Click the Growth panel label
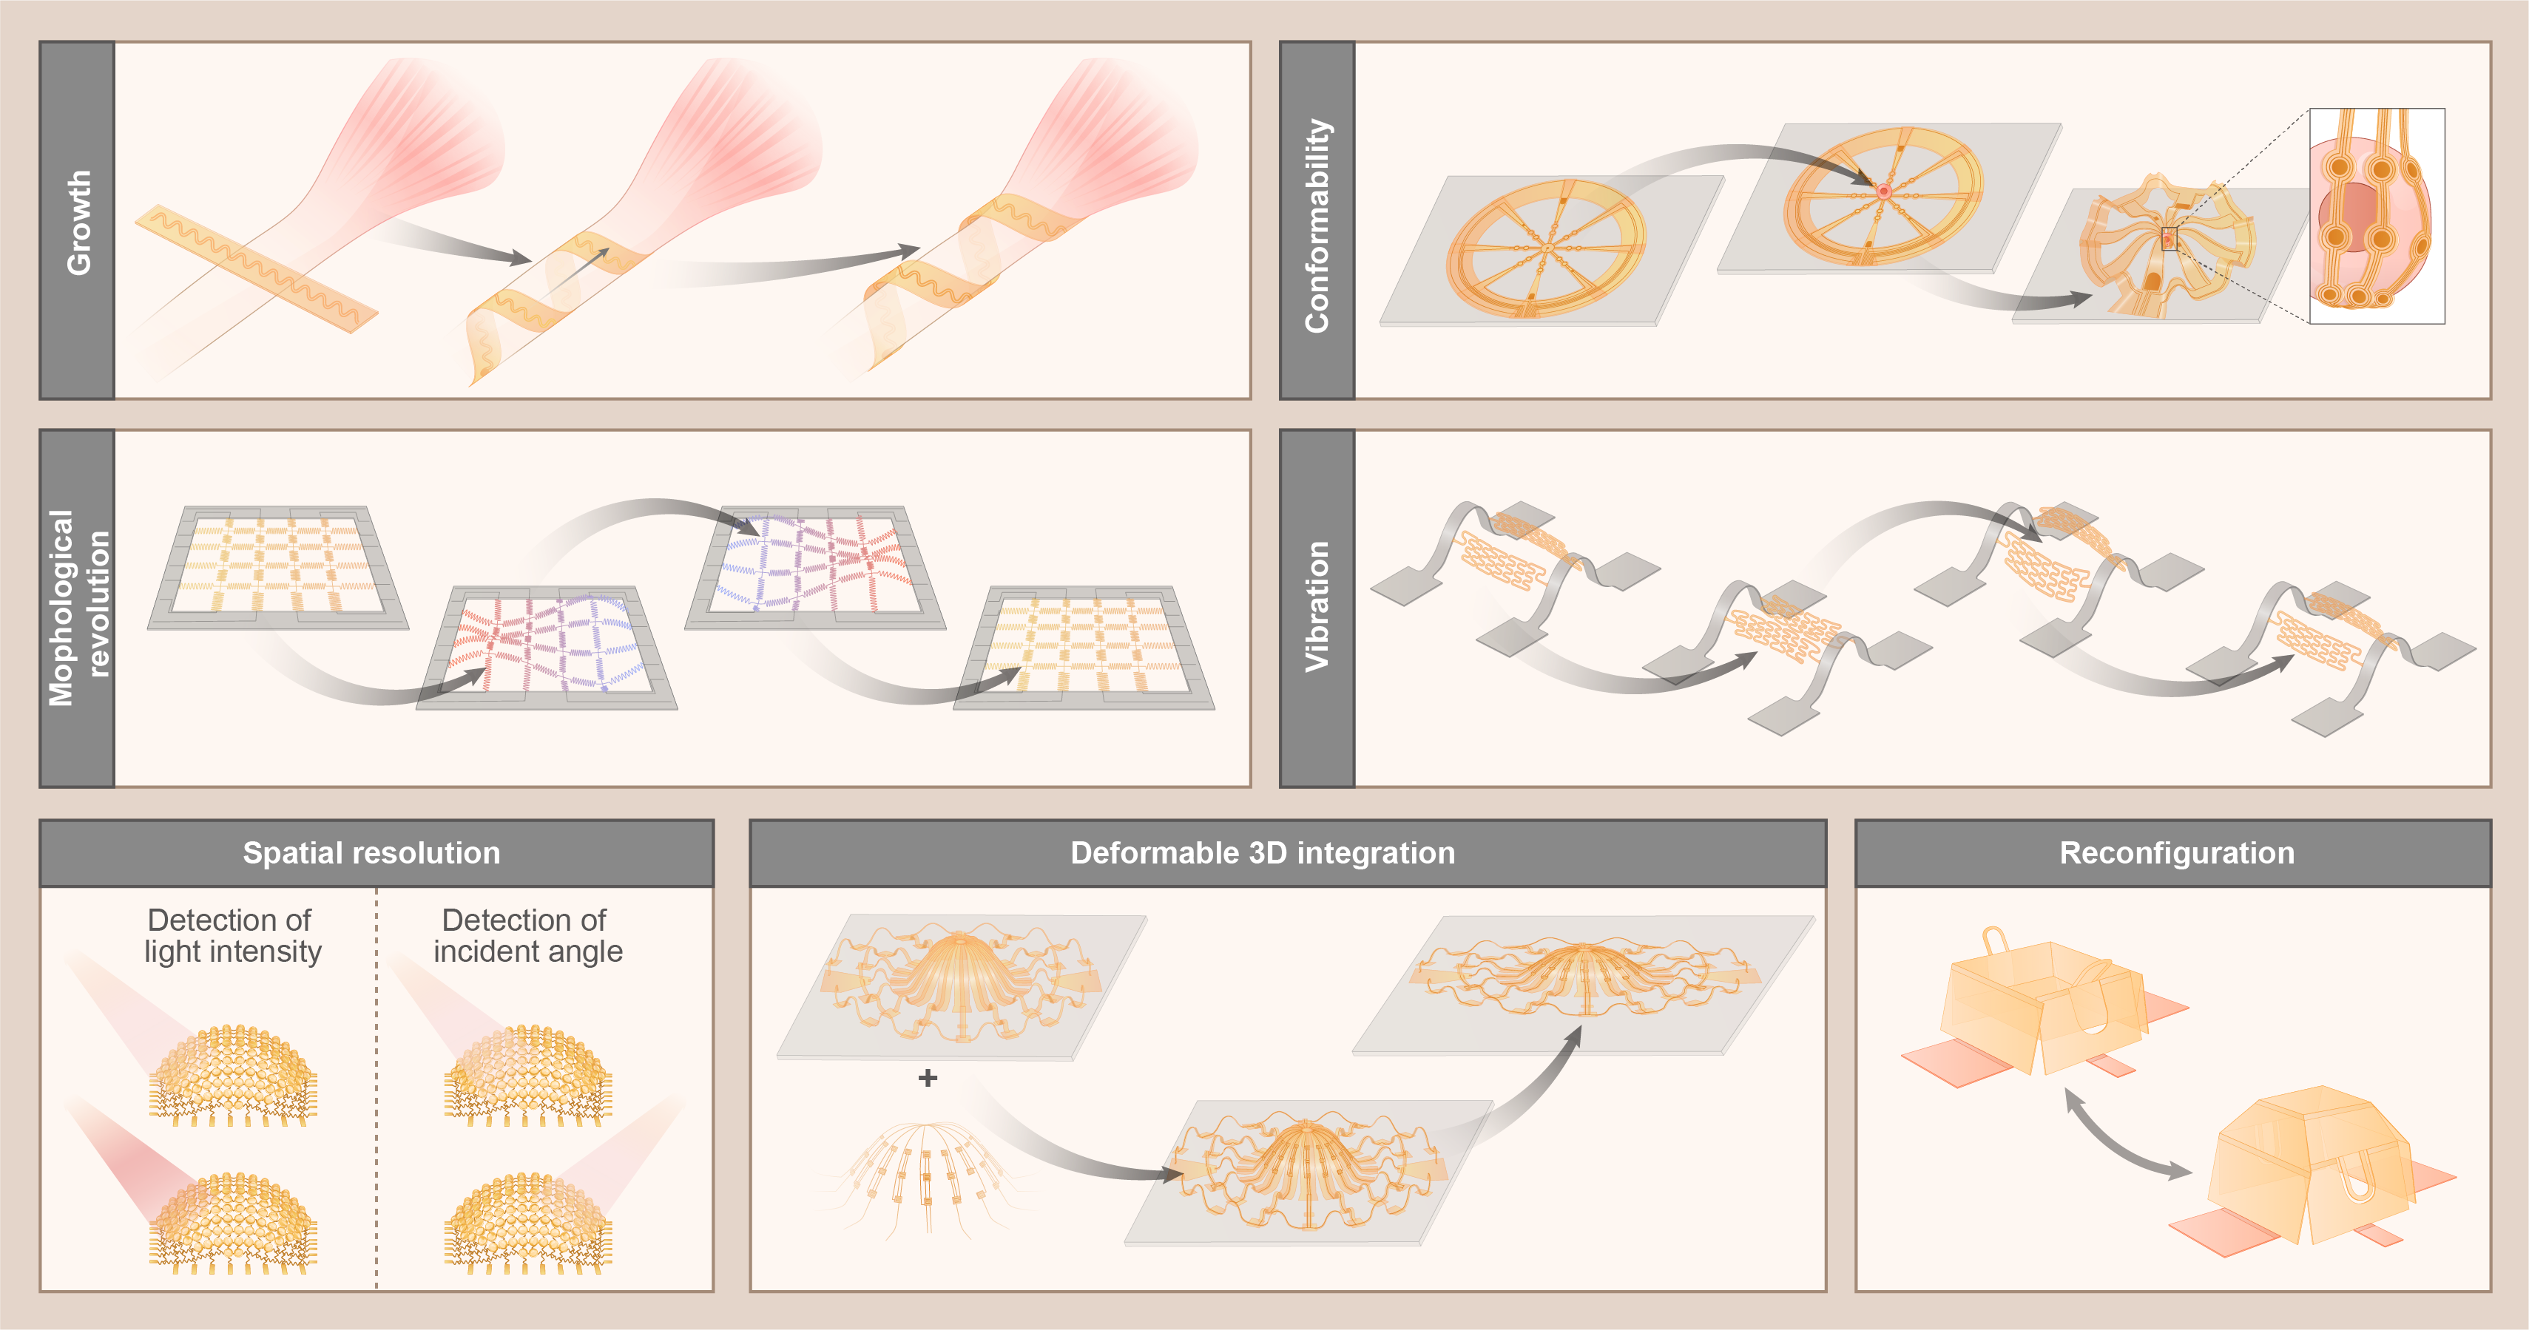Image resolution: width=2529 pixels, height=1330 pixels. (78, 222)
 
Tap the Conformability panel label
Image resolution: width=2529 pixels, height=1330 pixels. (1317, 225)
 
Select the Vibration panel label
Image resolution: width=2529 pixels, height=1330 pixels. (1317, 607)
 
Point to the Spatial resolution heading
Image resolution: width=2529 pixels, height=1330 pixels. (372, 853)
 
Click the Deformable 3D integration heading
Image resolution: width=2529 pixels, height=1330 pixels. (1263, 853)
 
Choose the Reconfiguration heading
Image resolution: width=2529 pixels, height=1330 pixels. (2177, 853)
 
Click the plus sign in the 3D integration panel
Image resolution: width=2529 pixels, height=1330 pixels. (928, 1078)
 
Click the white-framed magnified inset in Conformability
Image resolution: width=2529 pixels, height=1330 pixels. (2377, 216)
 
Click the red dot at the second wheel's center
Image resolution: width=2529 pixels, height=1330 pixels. (1884, 191)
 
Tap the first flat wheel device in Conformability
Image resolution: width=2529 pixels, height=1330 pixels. (1546, 248)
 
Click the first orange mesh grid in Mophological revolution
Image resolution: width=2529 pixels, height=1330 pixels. (278, 566)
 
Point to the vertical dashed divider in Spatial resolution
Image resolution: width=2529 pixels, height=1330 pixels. (376, 1088)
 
